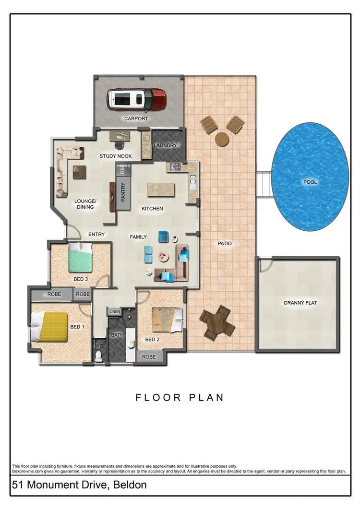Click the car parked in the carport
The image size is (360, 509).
[x=136, y=99]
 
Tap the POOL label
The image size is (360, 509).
[x=310, y=182]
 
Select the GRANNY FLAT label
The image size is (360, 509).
[x=300, y=303]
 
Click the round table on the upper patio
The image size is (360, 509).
[x=222, y=139]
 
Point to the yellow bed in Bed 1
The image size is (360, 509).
[x=50, y=326]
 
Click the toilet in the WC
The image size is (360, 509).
[x=99, y=355]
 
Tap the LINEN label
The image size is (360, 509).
[x=114, y=311]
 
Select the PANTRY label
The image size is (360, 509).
[x=123, y=192]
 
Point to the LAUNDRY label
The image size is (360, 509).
[x=166, y=145]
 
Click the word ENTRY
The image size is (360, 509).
[x=96, y=234]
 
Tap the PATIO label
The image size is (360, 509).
[x=224, y=244]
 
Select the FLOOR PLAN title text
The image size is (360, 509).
[x=180, y=398]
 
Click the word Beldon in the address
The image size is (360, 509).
[x=130, y=485]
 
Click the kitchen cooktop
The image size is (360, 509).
[x=174, y=167]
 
